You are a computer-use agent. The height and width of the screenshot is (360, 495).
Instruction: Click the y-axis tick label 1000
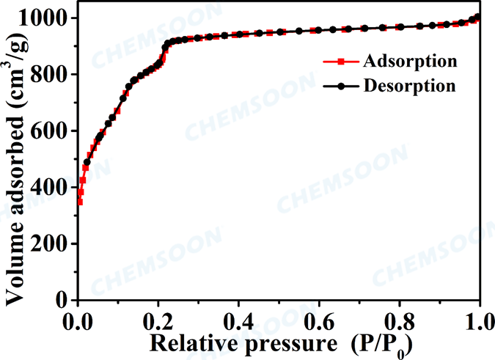(x=45, y=18)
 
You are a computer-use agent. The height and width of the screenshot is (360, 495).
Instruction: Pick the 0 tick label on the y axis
(x=65, y=300)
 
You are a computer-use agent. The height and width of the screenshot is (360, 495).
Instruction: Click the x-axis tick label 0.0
(x=78, y=320)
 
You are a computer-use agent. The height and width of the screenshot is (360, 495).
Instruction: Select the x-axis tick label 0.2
(x=158, y=320)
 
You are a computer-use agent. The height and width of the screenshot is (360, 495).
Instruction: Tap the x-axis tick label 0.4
(x=238, y=320)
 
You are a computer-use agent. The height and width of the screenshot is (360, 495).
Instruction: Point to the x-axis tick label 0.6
(x=319, y=320)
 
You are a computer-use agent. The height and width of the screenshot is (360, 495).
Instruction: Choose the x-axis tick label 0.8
(x=399, y=320)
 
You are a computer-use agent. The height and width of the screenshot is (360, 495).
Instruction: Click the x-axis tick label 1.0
(x=478, y=320)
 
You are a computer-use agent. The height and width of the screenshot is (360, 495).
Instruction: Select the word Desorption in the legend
(x=410, y=85)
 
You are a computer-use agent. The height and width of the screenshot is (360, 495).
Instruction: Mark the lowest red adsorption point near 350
(x=79, y=201)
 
